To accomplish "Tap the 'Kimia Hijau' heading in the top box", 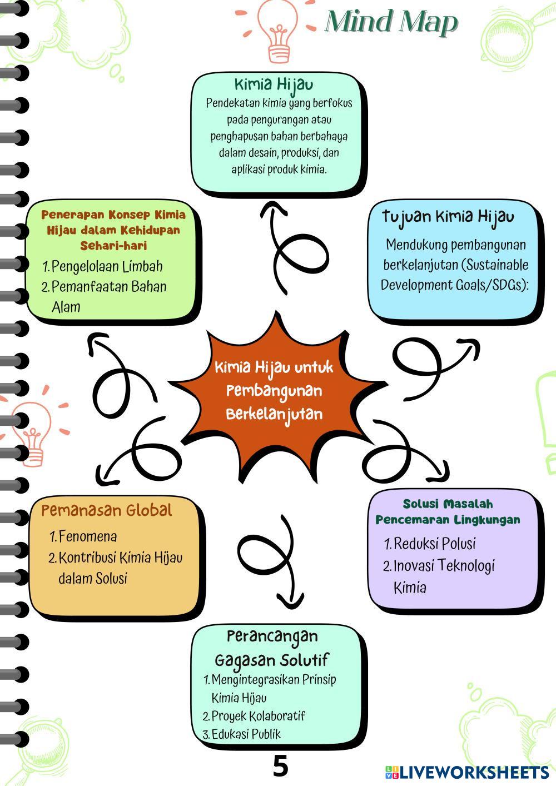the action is (x=273, y=84).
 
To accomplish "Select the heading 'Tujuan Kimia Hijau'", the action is (x=448, y=216).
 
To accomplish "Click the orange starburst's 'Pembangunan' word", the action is (x=274, y=390).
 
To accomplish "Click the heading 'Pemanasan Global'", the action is (x=107, y=510).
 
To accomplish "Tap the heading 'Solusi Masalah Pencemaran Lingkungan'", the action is (x=448, y=512).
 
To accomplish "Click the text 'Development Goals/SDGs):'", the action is (x=454, y=286).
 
